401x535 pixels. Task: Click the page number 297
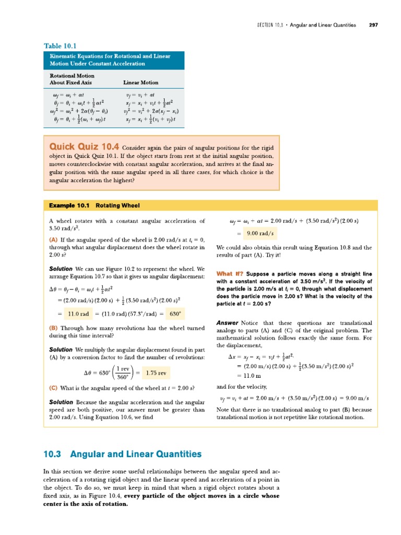coord(373,25)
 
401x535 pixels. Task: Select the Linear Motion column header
coord(140,83)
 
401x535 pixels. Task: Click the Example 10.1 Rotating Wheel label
coord(94,205)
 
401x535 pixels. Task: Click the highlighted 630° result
coord(175,314)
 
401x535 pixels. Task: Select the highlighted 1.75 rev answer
coord(156,373)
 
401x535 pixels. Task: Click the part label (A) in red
coord(53,239)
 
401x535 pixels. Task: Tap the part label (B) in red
coord(53,328)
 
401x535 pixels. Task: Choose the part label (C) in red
coord(53,388)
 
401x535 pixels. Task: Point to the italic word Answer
coord(228,323)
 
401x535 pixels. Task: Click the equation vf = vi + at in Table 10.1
coord(140,95)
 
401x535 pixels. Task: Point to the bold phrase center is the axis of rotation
coord(86,504)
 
